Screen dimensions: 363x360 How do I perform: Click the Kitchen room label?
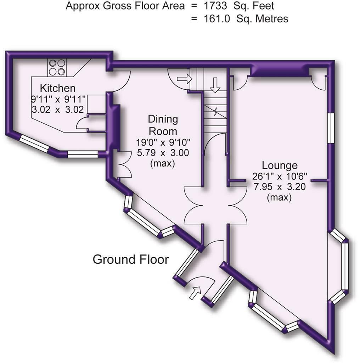(x=57, y=88)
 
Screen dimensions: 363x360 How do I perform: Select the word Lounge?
(x=279, y=165)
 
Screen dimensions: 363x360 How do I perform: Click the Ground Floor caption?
(x=130, y=259)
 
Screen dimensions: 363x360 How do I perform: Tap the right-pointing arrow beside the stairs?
(x=184, y=79)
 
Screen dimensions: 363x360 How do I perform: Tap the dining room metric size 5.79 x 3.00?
(x=162, y=153)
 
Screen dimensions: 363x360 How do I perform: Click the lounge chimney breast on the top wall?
(x=278, y=72)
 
